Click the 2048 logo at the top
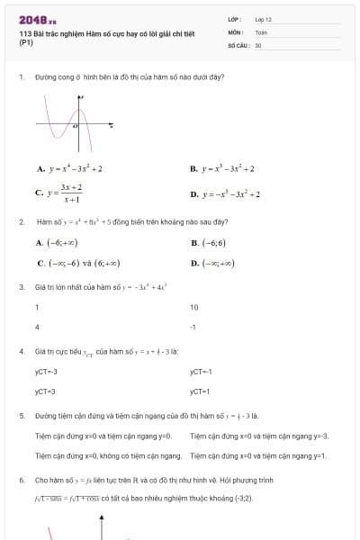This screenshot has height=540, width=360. point(37,19)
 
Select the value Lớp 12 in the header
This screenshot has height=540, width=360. point(263,19)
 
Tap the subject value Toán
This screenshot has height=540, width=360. point(261,31)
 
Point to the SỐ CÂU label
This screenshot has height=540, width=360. point(237,44)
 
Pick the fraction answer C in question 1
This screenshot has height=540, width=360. point(60,193)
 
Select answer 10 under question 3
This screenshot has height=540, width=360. point(193,307)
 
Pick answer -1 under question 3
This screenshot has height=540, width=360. point(193,327)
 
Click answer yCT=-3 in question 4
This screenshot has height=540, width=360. point(46,371)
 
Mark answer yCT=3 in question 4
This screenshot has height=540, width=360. point(45,391)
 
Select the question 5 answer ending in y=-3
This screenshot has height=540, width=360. point(259,436)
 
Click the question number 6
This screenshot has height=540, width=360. point(21,481)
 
